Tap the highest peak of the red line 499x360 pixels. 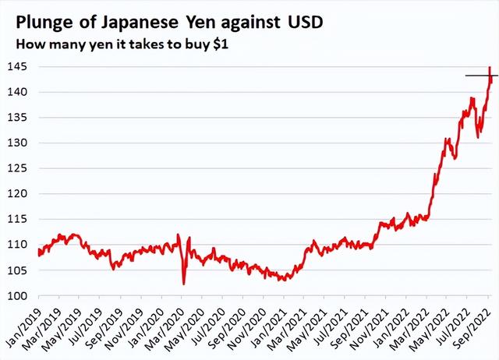point(489,68)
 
